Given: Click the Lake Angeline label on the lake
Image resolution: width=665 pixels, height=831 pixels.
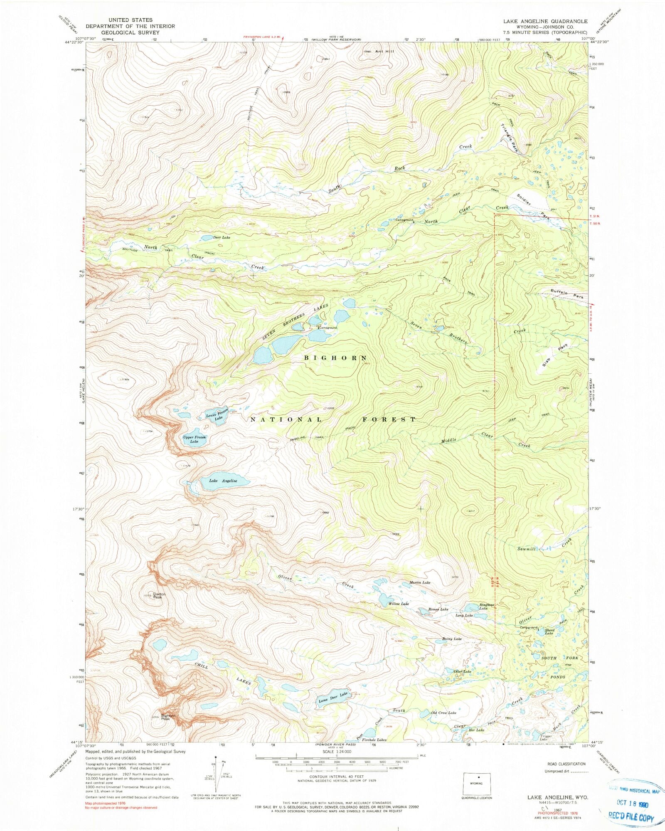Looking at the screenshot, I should [223, 481].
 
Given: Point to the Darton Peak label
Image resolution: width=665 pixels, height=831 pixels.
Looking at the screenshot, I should [159, 595].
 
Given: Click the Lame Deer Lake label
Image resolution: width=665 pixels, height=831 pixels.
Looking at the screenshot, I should [333, 696].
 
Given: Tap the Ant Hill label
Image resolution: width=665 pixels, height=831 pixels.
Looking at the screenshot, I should [384, 52].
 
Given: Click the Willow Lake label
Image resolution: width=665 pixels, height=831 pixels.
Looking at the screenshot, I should [399, 604].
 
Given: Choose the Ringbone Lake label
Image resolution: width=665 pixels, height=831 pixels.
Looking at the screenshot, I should [486, 607].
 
